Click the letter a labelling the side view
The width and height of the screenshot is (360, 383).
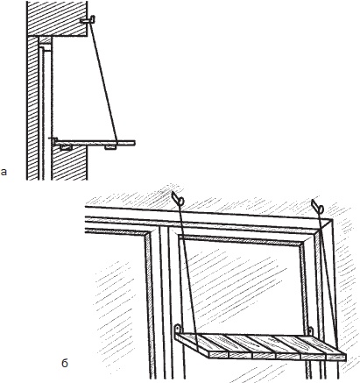pyautogui.click(x=4, y=172)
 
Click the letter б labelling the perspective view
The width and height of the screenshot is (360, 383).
pyautogui.click(x=65, y=363)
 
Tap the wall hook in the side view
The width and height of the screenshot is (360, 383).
pyautogui.click(x=88, y=20)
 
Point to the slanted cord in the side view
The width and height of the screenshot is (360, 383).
pyautogui.click(x=103, y=82)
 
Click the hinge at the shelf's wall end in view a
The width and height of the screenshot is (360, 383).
pyautogui.click(x=53, y=141)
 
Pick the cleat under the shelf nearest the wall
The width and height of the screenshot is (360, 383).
pyautogui.click(x=67, y=147)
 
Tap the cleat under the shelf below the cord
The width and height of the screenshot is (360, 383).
pyautogui.click(x=110, y=147)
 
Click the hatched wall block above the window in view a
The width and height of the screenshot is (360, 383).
pyautogui.click(x=57, y=18)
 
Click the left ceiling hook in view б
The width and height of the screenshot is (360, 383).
pyautogui.click(x=178, y=198)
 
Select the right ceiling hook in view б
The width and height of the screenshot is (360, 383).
pyautogui.click(x=317, y=206)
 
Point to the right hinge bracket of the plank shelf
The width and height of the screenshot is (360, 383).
pyautogui.click(x=310, y=331)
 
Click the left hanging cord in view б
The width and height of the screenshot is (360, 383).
pyautogui.click(x=188, y=278)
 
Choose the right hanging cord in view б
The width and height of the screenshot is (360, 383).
pyautogui.click(x=328, y=278)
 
